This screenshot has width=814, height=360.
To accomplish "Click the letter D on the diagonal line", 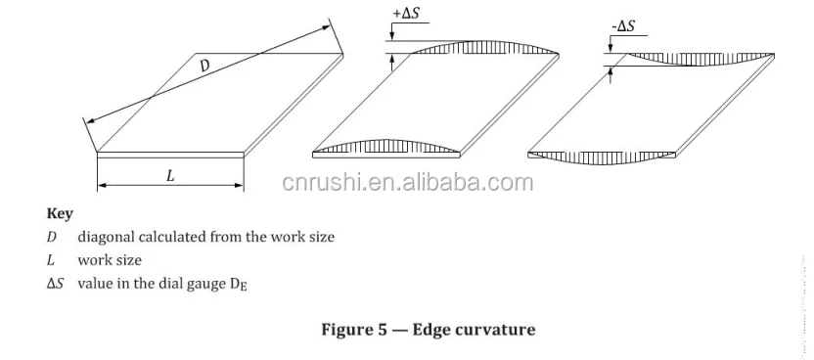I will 204,66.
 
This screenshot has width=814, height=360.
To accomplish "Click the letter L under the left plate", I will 169,176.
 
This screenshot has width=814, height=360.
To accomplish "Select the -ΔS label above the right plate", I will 623,26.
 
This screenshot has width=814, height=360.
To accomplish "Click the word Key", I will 59,212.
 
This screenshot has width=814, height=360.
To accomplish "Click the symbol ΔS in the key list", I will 55,284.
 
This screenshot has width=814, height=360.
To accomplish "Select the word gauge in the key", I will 194,285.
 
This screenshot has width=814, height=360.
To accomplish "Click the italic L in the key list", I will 51,260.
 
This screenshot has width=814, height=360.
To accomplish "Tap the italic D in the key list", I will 52,237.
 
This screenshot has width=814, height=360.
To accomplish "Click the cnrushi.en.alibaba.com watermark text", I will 407,183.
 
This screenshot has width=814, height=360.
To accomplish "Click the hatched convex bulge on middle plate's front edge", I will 386,146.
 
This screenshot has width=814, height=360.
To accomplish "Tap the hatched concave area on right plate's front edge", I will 602,156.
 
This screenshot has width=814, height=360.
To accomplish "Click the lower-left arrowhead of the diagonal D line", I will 87,121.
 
